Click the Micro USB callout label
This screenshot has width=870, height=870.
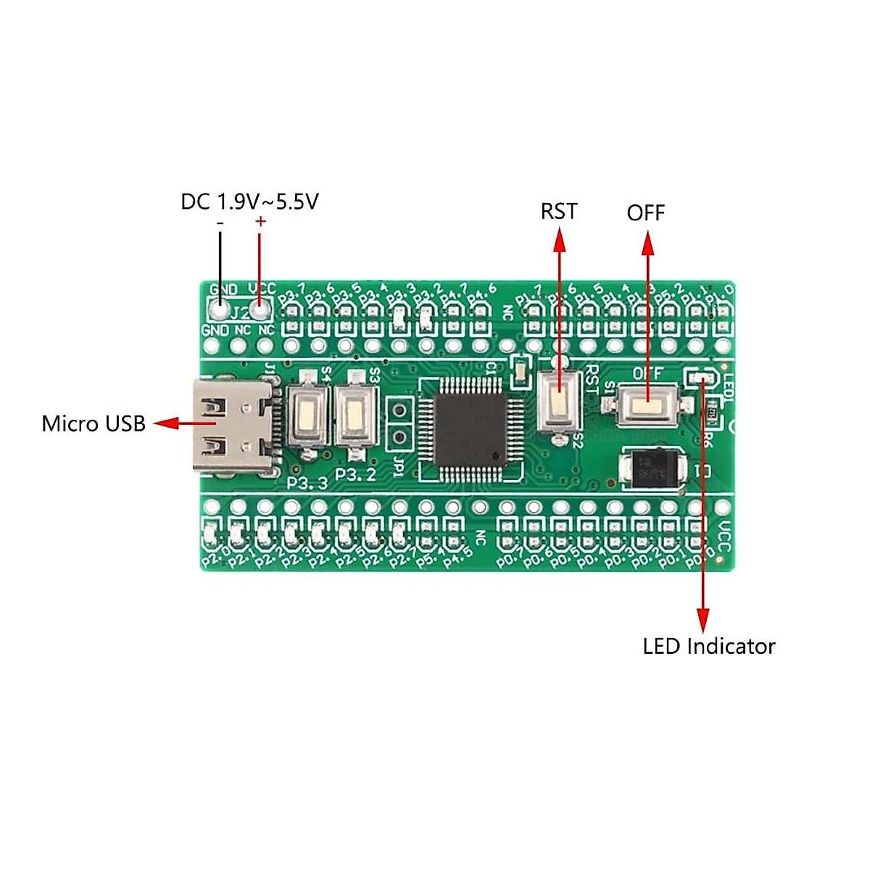[94, 423]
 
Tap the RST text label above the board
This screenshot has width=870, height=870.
[559, 211]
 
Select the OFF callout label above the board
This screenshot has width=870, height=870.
[645, 213]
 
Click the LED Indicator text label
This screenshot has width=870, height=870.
[708, 646]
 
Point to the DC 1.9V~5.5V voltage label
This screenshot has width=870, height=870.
[249, 202]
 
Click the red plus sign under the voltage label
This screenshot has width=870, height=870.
[261, 222]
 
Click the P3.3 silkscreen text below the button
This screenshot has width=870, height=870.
[307, 483]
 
